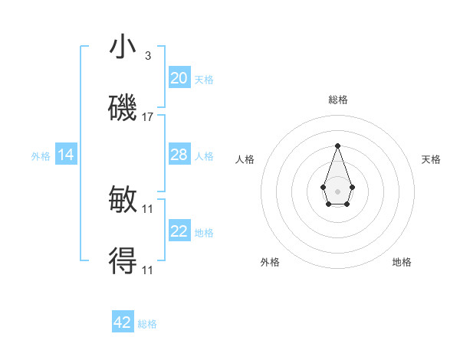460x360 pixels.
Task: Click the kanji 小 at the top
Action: tap(123, 47)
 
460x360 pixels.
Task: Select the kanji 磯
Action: tap(123, 109)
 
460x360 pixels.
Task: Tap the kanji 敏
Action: tap(123, 201)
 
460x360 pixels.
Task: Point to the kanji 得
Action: tap(123, 262)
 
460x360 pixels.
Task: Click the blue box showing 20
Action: tap(179, 77)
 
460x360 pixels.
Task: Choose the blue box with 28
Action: tap(179, 155)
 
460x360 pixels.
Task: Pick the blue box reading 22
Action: tap(179, 231)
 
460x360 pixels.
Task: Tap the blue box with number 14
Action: tap(66, 155)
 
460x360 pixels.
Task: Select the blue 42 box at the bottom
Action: tap(123, 322)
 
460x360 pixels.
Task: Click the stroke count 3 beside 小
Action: tap(148, 56)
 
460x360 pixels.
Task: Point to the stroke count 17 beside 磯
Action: tap(148, 117)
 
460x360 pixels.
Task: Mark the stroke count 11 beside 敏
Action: tap(148, 209)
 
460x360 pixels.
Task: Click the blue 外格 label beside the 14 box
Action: tap(41, 155)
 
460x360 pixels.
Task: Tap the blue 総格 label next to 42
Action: tap(147, 324)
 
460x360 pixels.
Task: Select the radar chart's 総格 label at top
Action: tap(337, 100)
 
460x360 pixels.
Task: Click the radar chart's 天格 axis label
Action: tap(431, 159)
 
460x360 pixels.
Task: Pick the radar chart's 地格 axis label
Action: tap(402, 262)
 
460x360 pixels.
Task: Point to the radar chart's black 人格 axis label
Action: tap(245, 159)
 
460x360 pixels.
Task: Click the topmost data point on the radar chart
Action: tap(337, 146)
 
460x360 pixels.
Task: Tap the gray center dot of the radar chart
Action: tap(337, 191)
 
